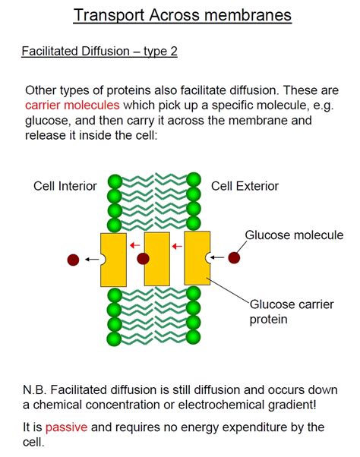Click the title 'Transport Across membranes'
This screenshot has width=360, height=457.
tap(182, 16)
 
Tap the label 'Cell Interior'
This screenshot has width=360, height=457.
tap(65, 186)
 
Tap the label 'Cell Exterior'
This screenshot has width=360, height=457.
tap(245, 186)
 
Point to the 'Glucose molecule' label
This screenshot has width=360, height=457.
tap(293, 235)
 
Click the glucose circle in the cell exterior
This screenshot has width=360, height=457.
tap(234, 258)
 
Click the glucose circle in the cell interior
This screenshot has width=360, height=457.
tap(73, 260)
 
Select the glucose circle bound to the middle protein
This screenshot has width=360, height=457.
tap(142, 259)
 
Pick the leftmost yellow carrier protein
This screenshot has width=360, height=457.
tap(114, 260)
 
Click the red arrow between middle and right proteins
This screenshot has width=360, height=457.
tap(176, 245)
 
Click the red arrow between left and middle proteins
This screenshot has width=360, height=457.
tap(134, 245)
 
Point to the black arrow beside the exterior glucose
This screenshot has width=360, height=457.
tap(217, 258)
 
